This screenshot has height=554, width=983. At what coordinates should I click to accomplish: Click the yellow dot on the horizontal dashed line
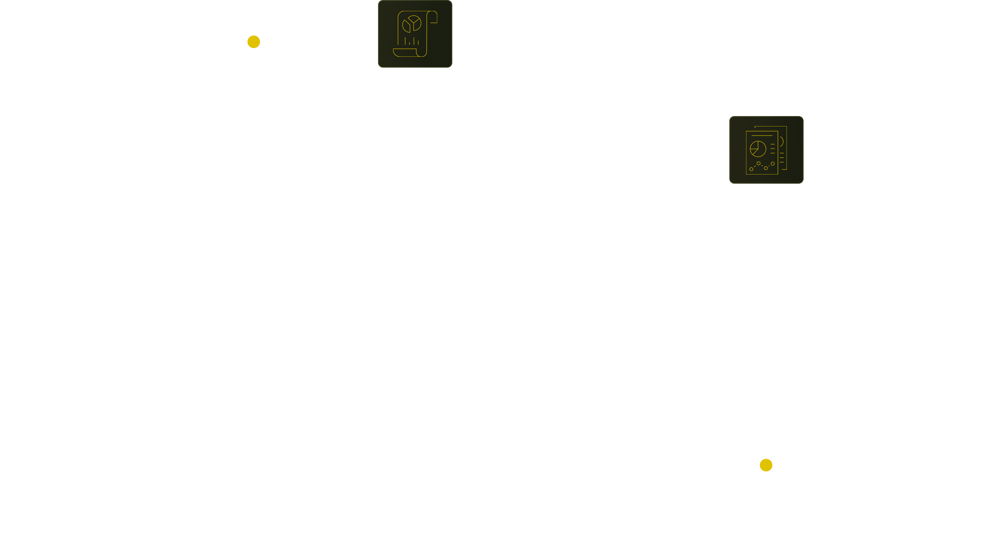(x=254, y=42)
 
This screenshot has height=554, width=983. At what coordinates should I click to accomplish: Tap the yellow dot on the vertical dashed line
(x=766, y=465)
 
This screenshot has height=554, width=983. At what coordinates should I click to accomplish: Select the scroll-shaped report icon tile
(x=415, y=34)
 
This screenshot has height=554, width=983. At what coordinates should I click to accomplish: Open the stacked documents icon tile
(x=766, y=150)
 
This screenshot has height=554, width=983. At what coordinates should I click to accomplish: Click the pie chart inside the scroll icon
(x=413, y=24)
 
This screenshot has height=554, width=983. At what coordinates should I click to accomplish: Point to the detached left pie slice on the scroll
(x=406, y=27)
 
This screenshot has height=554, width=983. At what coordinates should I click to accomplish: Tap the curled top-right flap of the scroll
(x=434, y=17)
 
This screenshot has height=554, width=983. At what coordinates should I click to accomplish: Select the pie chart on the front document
(x=758, y=148)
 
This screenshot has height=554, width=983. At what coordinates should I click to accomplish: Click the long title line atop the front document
(x=762, y=136)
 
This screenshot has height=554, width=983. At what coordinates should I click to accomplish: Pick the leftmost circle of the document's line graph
(x=751, y=169)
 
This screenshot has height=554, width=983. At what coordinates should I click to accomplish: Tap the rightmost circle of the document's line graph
(x=773, y=164)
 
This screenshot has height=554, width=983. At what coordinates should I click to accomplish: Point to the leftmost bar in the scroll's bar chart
(x=405, y=41)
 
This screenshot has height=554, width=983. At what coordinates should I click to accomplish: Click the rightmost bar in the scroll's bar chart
(x=418, y=42)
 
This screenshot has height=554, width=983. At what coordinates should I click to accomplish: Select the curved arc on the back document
(x=781, y=142)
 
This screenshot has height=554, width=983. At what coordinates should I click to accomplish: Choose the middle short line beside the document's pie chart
(x=773, y=148)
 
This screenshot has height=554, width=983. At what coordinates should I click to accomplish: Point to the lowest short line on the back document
(x=784, y=169)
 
